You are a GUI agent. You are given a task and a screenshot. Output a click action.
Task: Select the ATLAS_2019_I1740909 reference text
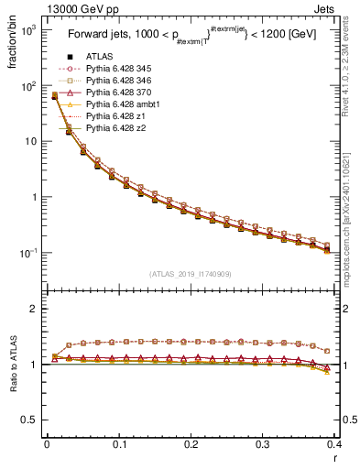point(191,274)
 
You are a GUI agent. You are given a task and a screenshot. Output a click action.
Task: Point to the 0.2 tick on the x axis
point(191,445)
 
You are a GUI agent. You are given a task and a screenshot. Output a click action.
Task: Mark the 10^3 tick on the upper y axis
point(29,30)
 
